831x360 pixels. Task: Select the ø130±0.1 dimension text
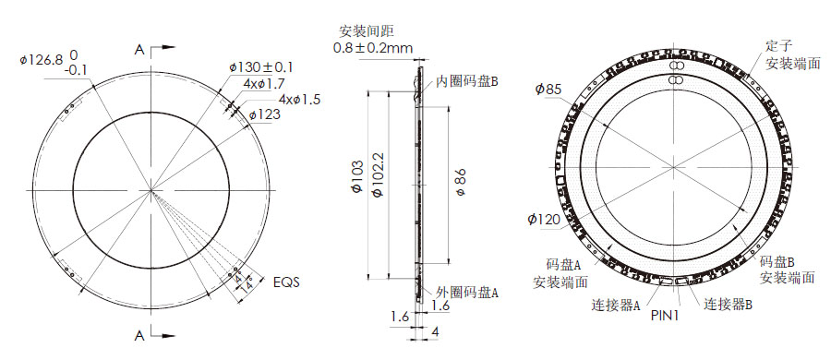[261, 67]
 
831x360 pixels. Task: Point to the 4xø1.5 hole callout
[299, 100]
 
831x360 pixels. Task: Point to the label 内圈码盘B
[467, 81]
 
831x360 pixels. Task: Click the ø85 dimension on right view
[548, 89]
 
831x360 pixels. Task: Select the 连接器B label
[729, 304]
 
